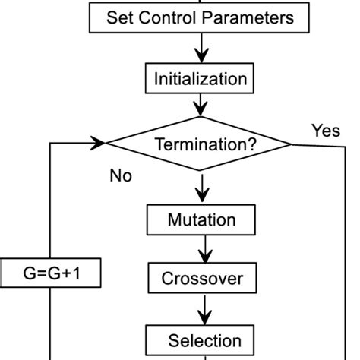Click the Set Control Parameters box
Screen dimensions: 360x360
(200, 18)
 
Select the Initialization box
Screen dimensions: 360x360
(200, 78)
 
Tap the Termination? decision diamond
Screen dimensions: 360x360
(200, 143)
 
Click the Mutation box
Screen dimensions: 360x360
(201, 220)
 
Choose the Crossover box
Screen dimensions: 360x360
(202, 279)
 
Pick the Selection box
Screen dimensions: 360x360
(204, 339)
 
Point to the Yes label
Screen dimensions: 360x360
(325, 131)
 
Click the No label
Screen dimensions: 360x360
(121, 176)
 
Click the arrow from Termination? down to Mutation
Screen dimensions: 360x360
(201, 188)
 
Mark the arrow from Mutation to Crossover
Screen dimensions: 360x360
(203, 249)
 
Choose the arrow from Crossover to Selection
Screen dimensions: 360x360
(203, 308)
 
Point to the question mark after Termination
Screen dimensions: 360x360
(251, 144)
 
